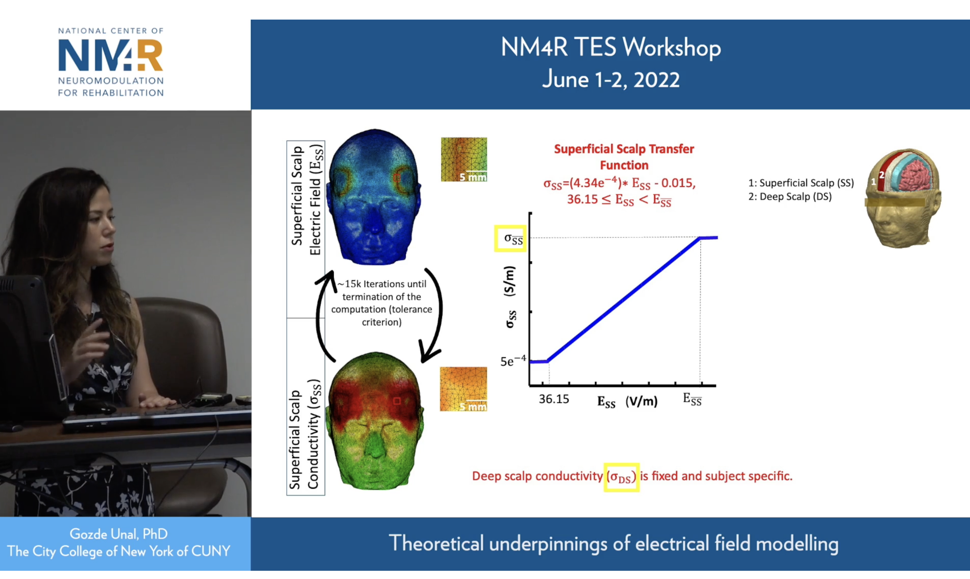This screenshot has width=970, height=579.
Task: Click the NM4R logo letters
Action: pos(110,55)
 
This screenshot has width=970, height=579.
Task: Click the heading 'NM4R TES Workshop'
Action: pos(611,48)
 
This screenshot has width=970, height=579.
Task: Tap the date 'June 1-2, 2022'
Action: pos(611,80)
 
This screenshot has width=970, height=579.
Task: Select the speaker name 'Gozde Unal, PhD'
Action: pos(119,534)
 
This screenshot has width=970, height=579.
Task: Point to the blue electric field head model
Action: pos(375,197)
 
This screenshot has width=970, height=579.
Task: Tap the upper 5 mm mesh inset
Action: pos(464,159)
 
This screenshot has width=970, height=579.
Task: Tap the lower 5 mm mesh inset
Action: pos(463,389)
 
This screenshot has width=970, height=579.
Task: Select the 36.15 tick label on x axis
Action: pos(554,399)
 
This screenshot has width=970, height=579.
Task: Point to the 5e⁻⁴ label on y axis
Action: pos(513,361)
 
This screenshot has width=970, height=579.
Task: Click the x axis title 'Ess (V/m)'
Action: pos(627,402)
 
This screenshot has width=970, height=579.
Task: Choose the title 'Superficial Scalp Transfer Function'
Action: pos(624,157)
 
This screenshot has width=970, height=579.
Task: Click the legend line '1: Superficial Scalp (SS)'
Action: pos(801,183)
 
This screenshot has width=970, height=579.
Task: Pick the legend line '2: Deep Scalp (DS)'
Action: pos(790,197)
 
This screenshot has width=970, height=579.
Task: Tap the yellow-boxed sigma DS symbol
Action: pos(621,477)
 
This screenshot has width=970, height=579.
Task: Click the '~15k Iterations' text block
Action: pos(381,303)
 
